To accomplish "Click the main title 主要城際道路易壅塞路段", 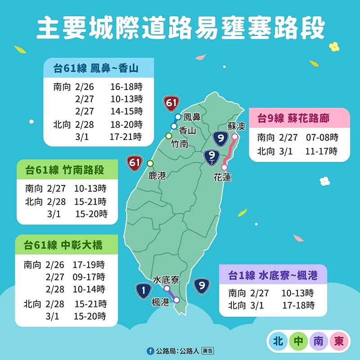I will pyautogui.click(x=180, y=28).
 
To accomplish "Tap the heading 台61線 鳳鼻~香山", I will pyautogui.click(x=95, y=68).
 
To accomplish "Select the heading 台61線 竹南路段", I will pyautogui.click(x=65, y=170).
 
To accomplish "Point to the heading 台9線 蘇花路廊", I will pyautogui.click(x=293, y=118).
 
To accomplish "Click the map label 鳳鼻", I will pyautogui.click(x=192, y=117).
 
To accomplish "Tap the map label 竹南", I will pyautogui.click(x=179, y=144).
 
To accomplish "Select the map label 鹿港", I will pyautogui.click(x=157, y=175).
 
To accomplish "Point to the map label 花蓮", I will pyautogui.click(x=222, y=178).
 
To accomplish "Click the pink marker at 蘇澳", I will pyautogui.click(x=234, y=136).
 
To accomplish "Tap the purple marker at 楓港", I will pyautogui.click(x=176, y=300).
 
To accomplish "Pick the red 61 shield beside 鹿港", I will pyautogui.click(x=134, y=162).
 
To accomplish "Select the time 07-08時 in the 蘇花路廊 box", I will pyautogui.click(x=322, y=137).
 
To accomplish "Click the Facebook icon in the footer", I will pyautogui.click(x=150, y=351).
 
